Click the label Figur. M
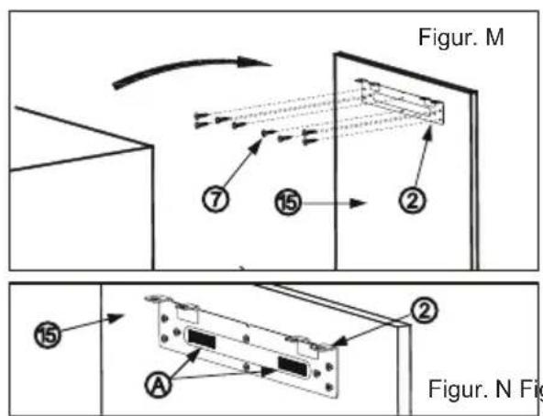point(461,37)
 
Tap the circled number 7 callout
point(216,200)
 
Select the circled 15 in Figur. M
point(288,203)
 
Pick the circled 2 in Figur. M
point(412,201)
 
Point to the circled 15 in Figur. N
point(48,334)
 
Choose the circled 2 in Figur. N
point(424,311)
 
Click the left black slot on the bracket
point(201,340)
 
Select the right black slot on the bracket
point(293,367)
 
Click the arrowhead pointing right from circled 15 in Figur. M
point(358,203)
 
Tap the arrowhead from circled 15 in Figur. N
point(115,318)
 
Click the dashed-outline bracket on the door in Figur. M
point(401,102)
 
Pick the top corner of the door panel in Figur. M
point(335,53)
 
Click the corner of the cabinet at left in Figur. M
point(151,147)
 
